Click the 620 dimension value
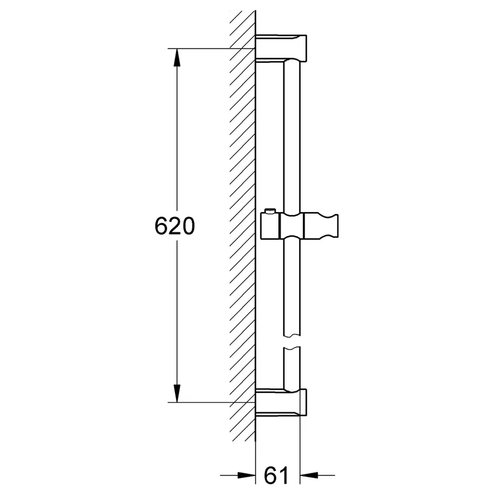(x=175, y=226)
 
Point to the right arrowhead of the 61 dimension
(x=309, y=475)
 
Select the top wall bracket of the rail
(x=281, y=48)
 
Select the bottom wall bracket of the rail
(x=281, y=402)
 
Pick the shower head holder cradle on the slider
(x=321, y=226)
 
